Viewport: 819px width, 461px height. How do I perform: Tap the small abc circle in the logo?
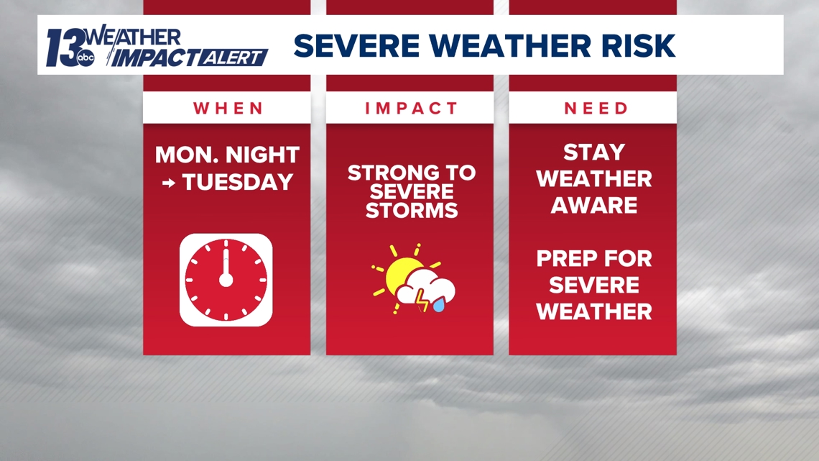pyautogui.click(x=85, y=58)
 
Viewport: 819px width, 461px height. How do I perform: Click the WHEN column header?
pyautogui.click(x=227, y=109)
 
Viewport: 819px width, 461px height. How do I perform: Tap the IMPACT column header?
pyautogui.click(x=410, y=109)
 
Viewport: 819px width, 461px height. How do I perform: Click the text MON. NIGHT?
pyautogui.click(x=227, y=155)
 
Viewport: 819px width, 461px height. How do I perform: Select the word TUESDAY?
pyautogui.click(x=237, y=182)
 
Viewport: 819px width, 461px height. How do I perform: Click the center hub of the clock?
pyautogui.click(x=226, y=279)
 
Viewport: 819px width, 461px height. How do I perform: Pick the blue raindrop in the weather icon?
pyautogui.click(x=438, y=306)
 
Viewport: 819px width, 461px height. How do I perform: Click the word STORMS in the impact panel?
pyautogui.click(x=410, y=211)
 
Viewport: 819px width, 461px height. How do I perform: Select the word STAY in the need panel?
pyautogui.click(x=593, y=152)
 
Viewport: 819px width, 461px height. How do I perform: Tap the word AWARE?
pyautogui.click(x=593, y=205)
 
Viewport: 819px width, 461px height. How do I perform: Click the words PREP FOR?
pyautogui.click(x=593, y=258)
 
